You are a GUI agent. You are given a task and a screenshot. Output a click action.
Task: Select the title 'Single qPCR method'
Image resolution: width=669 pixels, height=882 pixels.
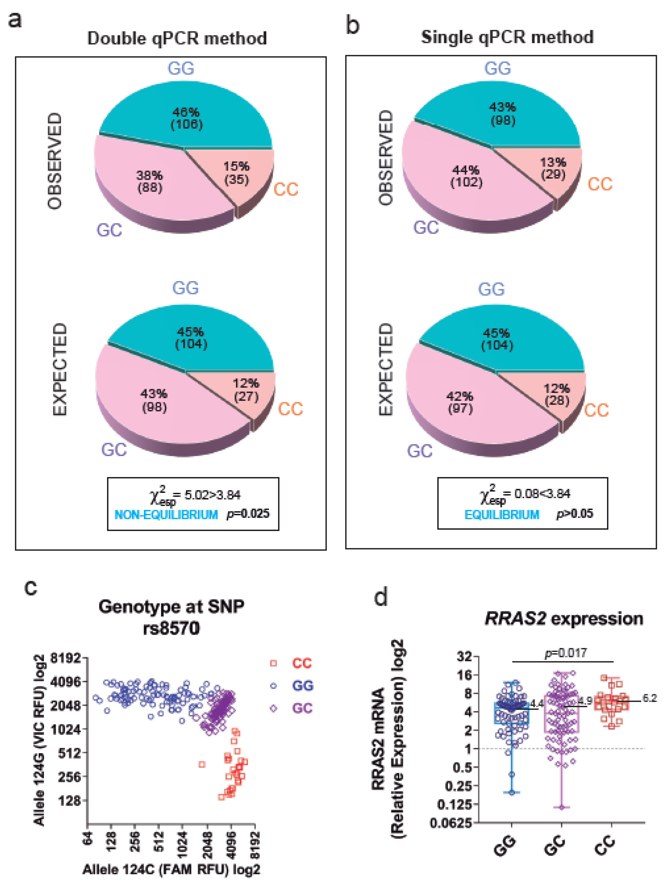tap(507, 37)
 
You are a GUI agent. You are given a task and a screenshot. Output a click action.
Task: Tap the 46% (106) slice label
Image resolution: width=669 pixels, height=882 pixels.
tap(186, 118)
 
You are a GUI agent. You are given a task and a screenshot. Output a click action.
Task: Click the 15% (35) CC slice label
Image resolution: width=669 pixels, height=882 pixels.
tap(236, 173)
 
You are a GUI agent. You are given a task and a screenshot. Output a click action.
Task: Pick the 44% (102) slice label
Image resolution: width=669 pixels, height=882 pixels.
tap(466, 176)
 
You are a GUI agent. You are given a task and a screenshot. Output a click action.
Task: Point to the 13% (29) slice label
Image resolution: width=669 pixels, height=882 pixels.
tap(553, 168)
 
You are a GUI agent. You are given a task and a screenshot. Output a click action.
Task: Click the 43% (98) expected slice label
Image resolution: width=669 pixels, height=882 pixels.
tap(154, 400)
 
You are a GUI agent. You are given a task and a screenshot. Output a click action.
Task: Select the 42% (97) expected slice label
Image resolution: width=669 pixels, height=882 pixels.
tap(460, 402)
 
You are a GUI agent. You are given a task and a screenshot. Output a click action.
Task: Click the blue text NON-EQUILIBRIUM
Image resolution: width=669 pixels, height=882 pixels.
tap(166, 515)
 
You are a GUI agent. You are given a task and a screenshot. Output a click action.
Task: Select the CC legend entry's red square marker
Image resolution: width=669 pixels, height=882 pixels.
tap(273, 663)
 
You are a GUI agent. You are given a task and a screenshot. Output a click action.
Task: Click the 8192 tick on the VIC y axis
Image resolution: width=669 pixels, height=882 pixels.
tap(65, 658)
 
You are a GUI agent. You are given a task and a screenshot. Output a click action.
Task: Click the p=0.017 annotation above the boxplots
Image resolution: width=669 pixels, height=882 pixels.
tap(566, 653)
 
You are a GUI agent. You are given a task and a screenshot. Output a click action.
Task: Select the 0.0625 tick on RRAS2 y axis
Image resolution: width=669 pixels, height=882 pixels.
tap(451, 822)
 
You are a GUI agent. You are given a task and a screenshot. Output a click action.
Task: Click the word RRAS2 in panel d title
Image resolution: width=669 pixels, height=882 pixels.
tap(515, 619)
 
